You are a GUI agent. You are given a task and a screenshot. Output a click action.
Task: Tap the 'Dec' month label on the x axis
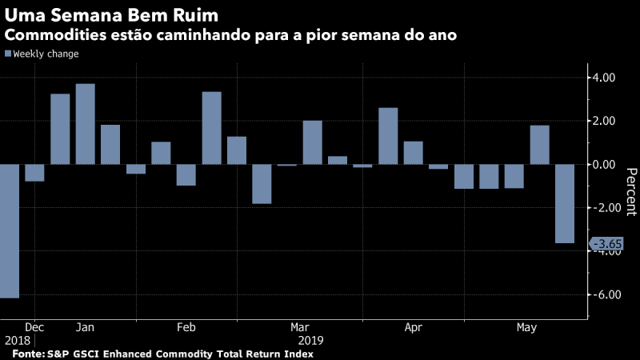click(34, 327)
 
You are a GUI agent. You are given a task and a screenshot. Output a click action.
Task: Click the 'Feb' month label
click(186, 327)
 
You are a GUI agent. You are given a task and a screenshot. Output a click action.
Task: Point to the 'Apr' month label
click(414, 327)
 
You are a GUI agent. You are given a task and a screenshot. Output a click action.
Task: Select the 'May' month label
click(526, 327)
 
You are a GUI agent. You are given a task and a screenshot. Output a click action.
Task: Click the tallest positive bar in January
click(85, 124)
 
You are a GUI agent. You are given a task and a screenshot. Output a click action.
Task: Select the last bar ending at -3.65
click(565, 203)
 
